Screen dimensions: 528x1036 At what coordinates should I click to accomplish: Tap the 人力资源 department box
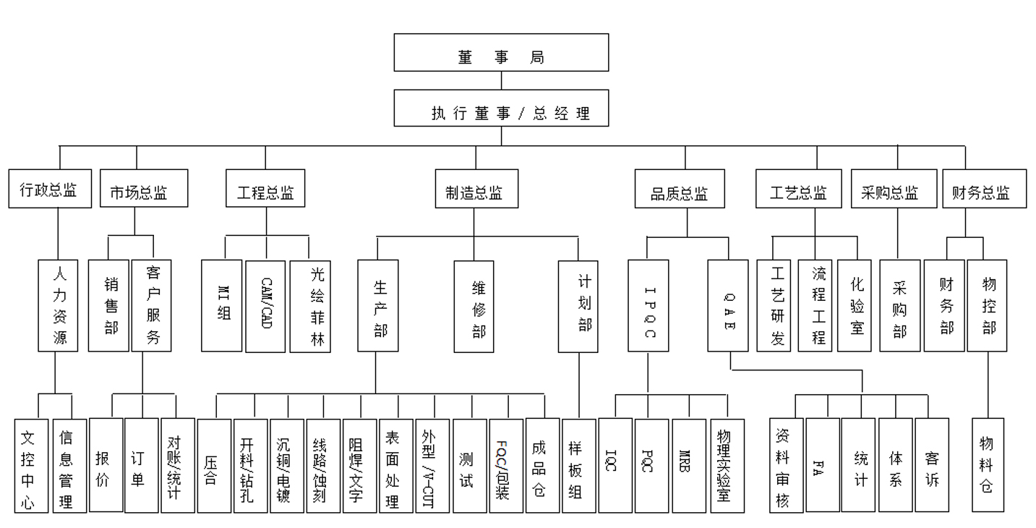(x=58, y=306)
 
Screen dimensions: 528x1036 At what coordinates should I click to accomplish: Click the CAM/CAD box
(x=265, y=306)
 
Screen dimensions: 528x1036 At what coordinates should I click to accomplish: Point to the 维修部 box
(x=474, y=306)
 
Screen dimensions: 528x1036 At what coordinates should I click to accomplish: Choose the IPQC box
(x=648, y=306)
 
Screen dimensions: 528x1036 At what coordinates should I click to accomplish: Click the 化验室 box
(x=857, y=306)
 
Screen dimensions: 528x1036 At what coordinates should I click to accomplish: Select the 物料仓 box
(x=988, y=465)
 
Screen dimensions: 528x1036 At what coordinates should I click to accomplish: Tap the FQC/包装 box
(x=505, y=465)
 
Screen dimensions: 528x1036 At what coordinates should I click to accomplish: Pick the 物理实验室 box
(x=727, y=465)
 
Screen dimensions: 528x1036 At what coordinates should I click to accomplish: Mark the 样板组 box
(x=579, y=465)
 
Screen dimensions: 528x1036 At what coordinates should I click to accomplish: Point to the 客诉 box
(x=932, y=465)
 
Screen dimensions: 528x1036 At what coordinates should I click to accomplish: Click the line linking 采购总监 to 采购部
(x=898, y=234)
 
